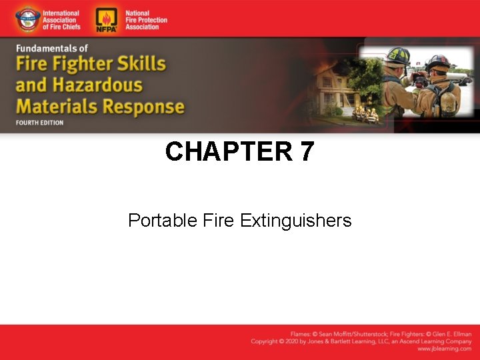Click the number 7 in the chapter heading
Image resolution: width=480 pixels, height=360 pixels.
click(306, 152)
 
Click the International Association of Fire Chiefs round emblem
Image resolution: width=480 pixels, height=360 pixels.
click(28, 19)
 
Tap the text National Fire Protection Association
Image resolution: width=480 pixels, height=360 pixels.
click(146, 19)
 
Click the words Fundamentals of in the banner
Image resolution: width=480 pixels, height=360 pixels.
click(52, 49)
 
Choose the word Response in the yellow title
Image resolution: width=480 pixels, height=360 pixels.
click(143, 107)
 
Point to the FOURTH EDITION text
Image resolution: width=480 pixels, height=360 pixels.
click(40, 123)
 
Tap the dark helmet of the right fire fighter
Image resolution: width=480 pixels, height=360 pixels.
click(437, 63)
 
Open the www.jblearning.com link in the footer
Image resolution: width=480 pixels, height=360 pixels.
click(444, 349)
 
